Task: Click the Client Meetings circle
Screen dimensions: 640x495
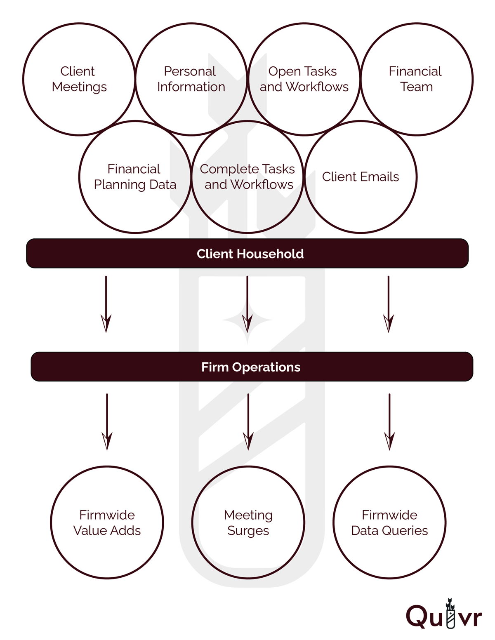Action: click(79, 79)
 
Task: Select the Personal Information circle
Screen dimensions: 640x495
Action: click(191, 79)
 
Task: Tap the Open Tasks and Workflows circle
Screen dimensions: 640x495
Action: click(304, 79)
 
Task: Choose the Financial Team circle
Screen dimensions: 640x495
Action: click(416, 79)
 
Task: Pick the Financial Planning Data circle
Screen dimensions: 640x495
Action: click(135, 177)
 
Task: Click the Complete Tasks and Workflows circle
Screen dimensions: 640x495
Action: click(247, 177)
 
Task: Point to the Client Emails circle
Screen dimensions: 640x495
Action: click(361, 177)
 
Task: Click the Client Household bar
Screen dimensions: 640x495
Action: click(247, 254)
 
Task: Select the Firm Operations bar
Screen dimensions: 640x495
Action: click(252, 367)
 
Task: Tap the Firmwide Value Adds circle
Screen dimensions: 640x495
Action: click(107, 522)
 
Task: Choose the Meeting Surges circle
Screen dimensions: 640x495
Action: click(248, 522)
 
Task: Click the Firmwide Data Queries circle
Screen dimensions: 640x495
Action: click(389, 522)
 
